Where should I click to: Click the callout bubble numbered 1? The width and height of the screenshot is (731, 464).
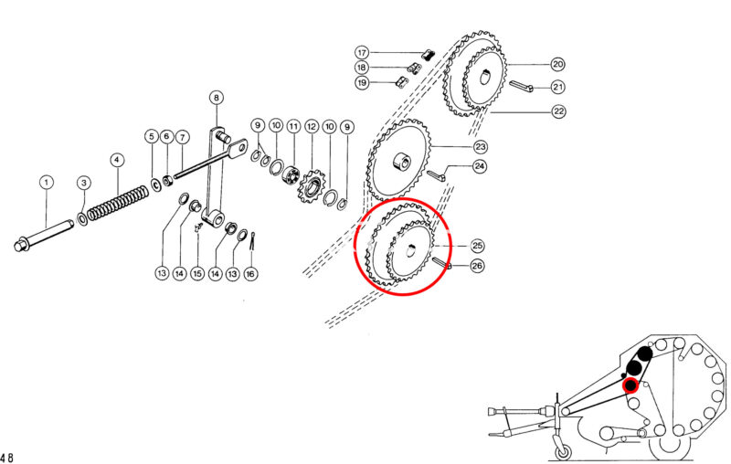pos(47,182)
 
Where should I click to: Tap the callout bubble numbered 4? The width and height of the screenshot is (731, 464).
pos(117,160)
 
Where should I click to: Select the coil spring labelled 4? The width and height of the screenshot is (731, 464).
pos(119,202)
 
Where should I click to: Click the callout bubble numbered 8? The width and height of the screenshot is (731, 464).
pos(216,98)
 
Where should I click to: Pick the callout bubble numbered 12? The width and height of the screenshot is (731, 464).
pos(312,126)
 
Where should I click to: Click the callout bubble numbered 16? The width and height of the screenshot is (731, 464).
pos(250,273)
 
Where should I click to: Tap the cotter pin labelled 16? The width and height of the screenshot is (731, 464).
pos(253,241)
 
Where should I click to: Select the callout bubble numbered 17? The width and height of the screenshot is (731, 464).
pos(362,52)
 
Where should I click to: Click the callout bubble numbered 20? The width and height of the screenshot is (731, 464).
pos(557,64)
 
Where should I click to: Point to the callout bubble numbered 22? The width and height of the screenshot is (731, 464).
pos(558,111)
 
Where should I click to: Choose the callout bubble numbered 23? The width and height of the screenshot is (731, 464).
pos(481,147)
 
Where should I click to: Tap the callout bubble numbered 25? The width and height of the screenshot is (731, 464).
pos(477,246)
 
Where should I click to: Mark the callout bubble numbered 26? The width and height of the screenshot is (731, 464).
pos(477,266)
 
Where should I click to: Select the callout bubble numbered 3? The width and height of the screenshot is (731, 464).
pos(83,182)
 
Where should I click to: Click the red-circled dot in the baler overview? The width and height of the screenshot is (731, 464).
pos(630,385)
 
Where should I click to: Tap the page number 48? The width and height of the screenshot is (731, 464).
pos(6,457)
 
